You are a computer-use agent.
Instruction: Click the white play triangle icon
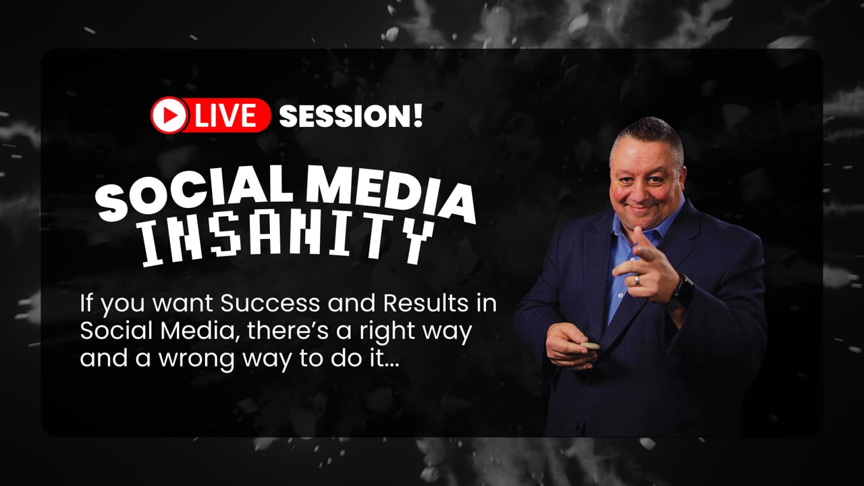tap(169, 115)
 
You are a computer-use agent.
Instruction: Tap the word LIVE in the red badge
tap(225, 115)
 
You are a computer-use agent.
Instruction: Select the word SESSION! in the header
tap(350, 116)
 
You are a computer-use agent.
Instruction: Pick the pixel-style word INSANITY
tap(288, 239)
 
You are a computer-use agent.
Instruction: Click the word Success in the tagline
tap(270, 303)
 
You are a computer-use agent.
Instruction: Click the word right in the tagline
tap(385, 332)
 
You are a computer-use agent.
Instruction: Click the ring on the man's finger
tap(637, 280)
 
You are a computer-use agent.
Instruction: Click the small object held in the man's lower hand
tap(589, 346)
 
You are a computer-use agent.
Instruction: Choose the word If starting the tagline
tap(86, 303)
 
